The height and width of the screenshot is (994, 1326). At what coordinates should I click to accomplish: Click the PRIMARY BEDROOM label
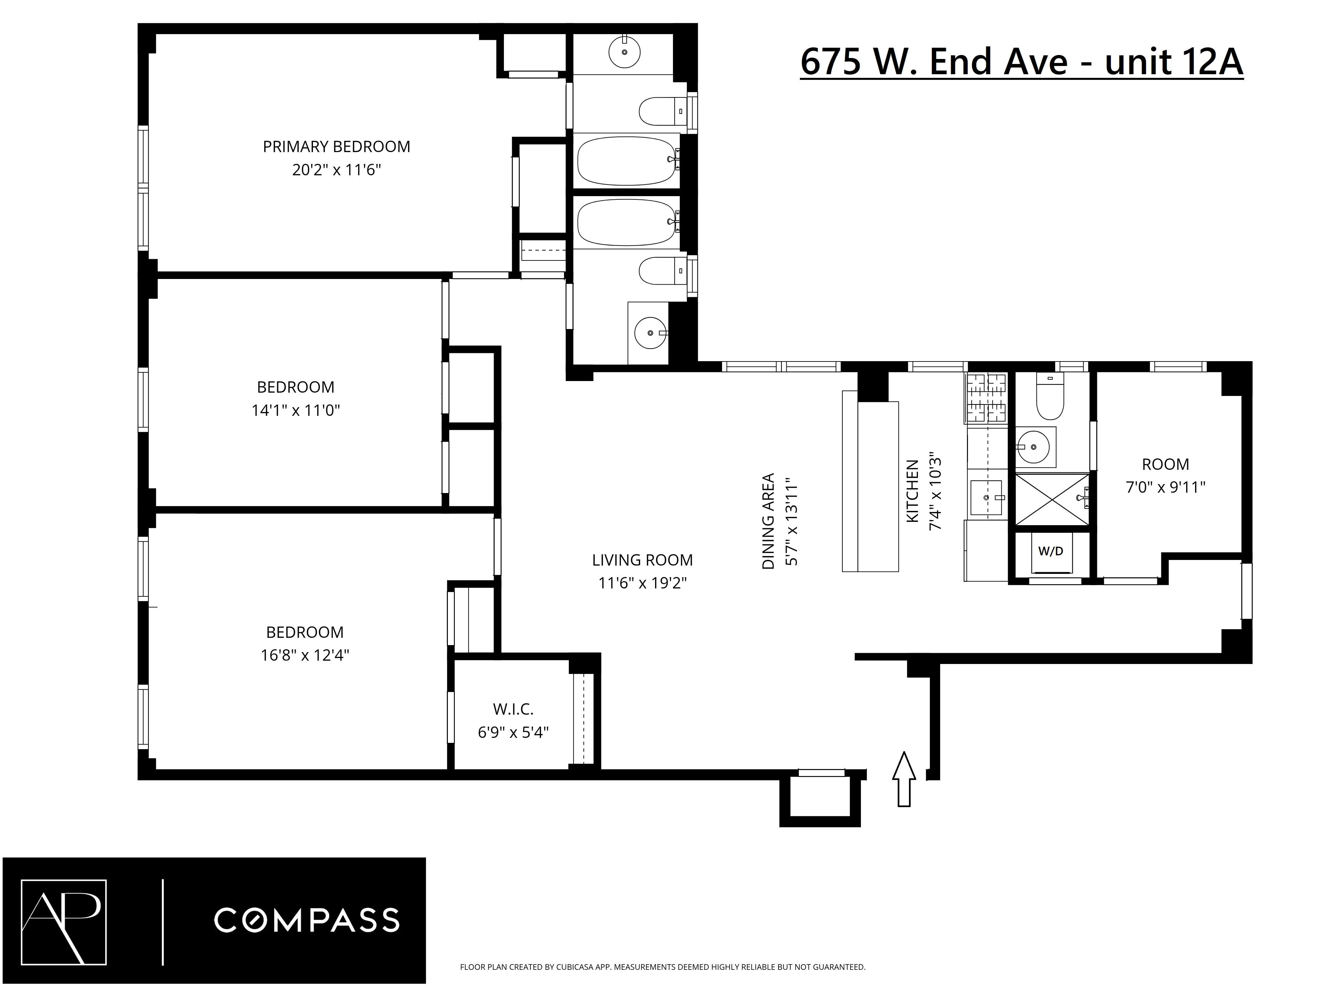[x=336, y=147]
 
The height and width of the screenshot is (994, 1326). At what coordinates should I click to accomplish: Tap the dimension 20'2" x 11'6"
[x=336, y=170]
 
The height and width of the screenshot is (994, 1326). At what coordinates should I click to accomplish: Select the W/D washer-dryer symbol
[x=1050, y=552]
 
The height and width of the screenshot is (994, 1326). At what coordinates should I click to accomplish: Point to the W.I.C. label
[x=513, y=709]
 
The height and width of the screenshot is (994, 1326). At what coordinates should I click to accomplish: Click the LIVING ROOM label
[x=642, y=560]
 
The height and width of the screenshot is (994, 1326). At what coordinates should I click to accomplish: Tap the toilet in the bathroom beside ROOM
[x=1050, y=399]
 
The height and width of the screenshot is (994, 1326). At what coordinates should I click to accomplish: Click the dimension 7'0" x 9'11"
[x=1165, y=487]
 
